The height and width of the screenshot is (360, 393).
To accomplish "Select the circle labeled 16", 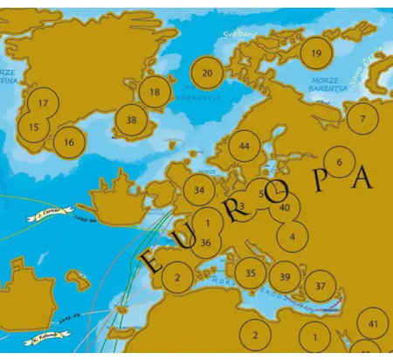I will point(70,141).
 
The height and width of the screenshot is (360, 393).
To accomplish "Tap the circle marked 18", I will point(155,92).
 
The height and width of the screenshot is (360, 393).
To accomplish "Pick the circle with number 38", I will point(131,121).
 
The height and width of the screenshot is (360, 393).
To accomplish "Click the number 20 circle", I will point(207,73).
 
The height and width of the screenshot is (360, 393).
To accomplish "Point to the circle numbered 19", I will point(316,53).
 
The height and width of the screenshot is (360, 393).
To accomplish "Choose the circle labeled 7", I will point(362,119).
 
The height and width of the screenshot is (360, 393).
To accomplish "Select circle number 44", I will point(245,146).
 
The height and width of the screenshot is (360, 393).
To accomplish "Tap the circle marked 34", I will point(200,190).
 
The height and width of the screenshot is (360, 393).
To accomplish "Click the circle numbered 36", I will point(205,243).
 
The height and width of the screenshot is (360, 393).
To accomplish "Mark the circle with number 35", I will point(251,273).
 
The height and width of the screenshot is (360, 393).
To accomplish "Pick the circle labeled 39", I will point(285,277).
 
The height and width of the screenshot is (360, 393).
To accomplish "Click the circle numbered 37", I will point(321,286).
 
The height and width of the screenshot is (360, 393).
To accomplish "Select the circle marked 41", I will point(373,324).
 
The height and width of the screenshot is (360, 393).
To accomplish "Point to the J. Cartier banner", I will point(51,212).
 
